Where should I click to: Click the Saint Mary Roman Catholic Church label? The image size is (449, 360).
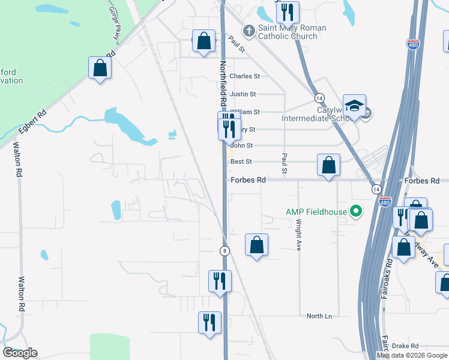point(292,32)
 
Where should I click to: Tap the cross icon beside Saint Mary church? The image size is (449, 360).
point(249,29)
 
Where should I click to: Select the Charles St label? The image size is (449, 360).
point(244,76)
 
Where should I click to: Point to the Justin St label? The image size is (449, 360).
point(243,94)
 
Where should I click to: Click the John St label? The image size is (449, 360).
point(242,145)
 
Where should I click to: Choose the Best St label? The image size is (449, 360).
point(241,161)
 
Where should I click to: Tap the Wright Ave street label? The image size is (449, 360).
point(298,235)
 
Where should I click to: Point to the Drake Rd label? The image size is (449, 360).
point(405,346)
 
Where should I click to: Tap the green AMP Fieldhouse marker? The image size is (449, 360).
point(356,211)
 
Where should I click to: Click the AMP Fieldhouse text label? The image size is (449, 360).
point(316,211)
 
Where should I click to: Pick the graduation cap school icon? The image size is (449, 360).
point(354,106)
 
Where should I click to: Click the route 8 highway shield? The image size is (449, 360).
point(223,251)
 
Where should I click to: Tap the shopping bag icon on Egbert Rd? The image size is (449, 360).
point(100,68)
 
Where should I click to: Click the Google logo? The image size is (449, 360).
point(20,353)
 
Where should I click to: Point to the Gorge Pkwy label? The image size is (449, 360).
point(113,24)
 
